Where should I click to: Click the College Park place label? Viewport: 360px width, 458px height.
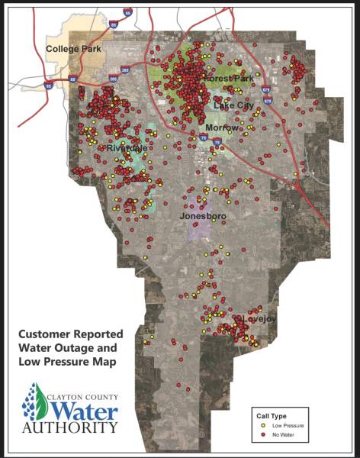click(x=72, y=50)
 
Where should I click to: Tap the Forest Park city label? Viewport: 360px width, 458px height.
click(x=229, y=79)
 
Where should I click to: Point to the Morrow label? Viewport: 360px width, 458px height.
click(x=223, y=127)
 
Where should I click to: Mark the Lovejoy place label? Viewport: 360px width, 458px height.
click(x=251, y=317)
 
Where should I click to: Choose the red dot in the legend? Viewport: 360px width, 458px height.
click(x=262, y=434)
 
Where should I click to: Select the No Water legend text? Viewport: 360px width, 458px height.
click(x=282, y=434)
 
